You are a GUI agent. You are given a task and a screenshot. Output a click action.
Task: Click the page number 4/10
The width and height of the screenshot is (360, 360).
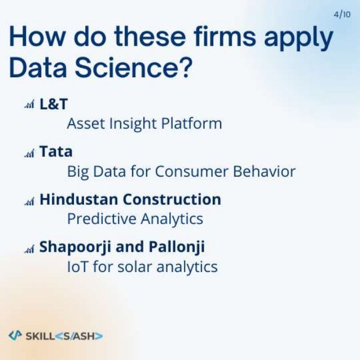(342, 15)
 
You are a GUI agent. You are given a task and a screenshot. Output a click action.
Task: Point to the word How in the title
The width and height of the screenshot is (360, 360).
(34, 37)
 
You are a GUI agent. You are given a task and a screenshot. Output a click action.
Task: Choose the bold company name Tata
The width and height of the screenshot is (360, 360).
(56, 152)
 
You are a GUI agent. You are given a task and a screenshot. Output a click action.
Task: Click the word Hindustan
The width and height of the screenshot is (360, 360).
(79, 199)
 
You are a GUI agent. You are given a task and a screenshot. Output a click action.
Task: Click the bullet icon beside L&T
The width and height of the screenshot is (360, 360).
(30, 106)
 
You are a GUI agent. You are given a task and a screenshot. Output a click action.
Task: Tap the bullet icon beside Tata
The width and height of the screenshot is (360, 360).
(30, 153)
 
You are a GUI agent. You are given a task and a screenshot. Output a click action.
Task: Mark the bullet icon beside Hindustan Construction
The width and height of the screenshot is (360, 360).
(30, 200)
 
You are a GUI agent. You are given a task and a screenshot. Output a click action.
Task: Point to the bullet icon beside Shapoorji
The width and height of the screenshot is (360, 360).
(30, 248)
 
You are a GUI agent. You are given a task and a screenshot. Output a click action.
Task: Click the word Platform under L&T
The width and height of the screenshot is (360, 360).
(194, 124)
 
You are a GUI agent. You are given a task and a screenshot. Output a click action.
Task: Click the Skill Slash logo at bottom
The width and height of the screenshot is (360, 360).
(55, 335)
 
